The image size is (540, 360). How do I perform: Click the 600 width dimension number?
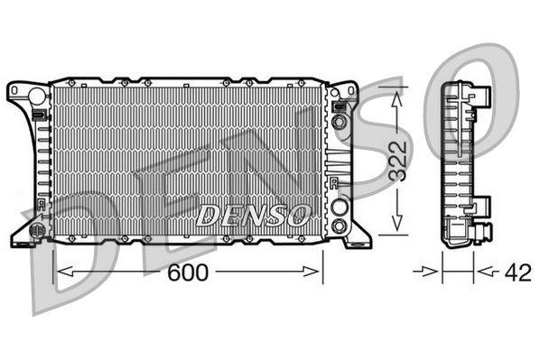point(188,273)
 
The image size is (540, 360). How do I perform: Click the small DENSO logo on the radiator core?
point(253,216)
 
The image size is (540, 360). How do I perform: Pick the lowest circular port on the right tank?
point(339,225)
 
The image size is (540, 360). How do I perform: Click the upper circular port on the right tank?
point(339,121)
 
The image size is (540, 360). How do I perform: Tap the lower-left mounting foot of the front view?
point(20,240)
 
